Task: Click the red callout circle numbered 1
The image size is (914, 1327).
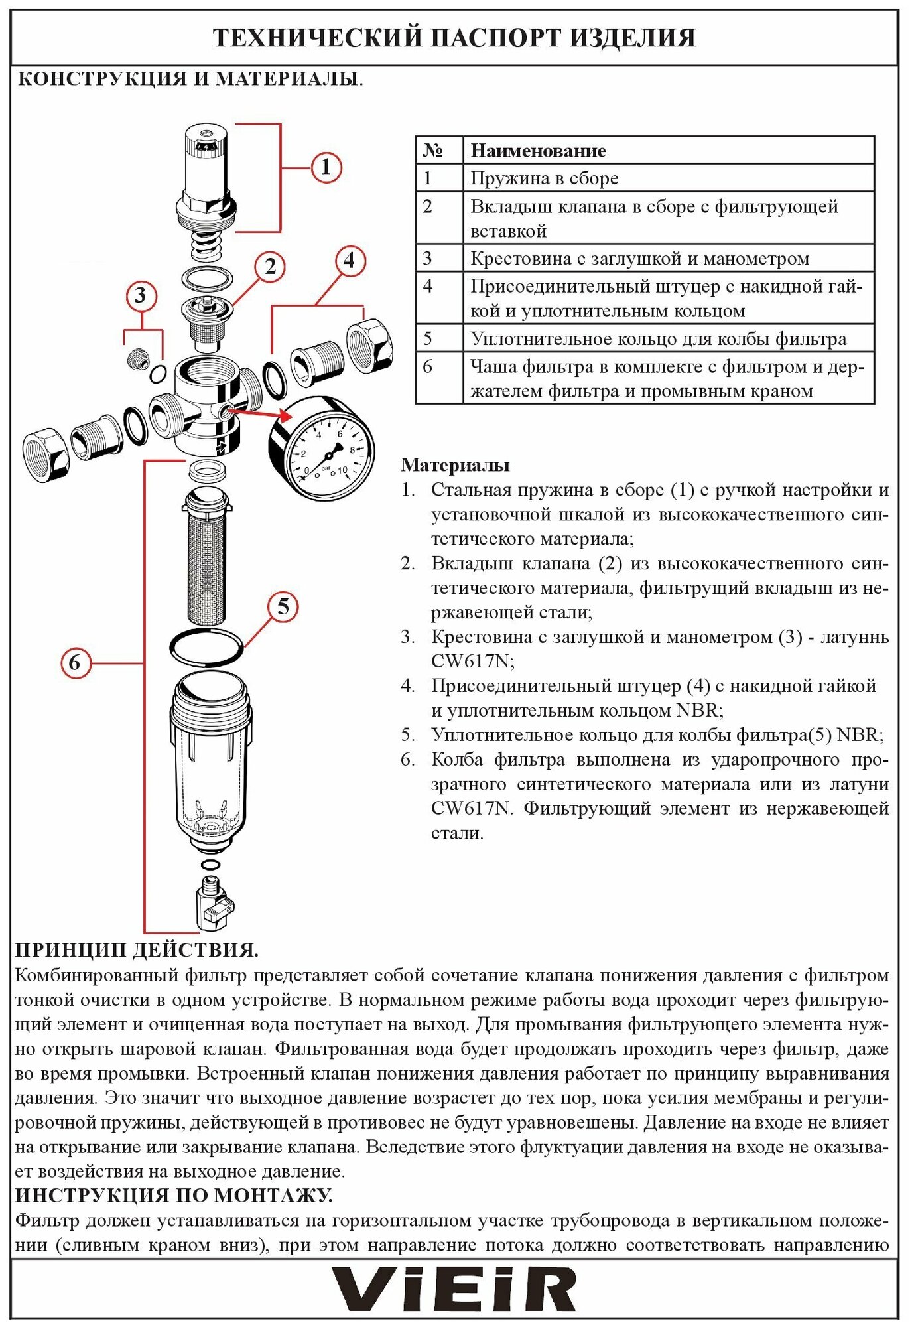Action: pyautogui.click(x=325, y=167)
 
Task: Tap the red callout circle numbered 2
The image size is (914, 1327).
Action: pyautogui.click(x=270, y=267)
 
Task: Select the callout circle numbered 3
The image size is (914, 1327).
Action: pyautogui.click(x=140, y=295)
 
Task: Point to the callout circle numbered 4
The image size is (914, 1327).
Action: pyautogui.click(x=350, y=261)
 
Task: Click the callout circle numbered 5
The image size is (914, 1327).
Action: pyautogui.click(x=283, y=606)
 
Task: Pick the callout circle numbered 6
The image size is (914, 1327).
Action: pyautogui.click(x=75, y=662)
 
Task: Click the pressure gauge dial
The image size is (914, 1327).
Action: pyautogui.click(x=322, y=449)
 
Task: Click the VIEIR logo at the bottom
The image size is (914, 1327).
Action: pyautogui.click(x=454, y=1289)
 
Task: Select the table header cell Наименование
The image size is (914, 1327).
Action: pyautogui.click(x=538, y=151)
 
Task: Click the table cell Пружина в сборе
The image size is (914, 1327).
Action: pyautogui.click(x=544, y=178)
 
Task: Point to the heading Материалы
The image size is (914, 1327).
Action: pyautogui.click(x=455, y=465)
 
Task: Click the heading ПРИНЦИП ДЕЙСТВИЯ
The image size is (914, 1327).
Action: pyautogui.click(x=137, y=950)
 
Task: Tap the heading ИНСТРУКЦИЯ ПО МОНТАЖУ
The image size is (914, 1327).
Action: pyautogui.click(x=174, y=1196)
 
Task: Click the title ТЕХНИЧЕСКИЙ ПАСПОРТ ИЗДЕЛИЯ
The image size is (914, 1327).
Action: pyautogui.click(x=454, y=38)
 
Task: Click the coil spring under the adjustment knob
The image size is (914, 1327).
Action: pyautogui.click(x=208, y=245)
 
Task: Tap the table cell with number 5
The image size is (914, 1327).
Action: pyautogui.click(x=428, y=338)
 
